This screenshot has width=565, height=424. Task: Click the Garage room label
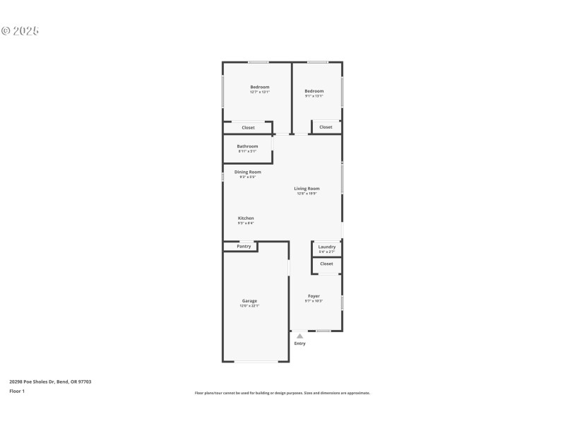pos(249,301)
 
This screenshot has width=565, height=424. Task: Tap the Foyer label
pos(314,296)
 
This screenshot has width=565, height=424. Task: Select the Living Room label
pos(307,189)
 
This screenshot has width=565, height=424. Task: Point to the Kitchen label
pos(246,218)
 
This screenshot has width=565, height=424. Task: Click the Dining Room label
pos(247,172)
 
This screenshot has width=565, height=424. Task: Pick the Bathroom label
pos(247,146)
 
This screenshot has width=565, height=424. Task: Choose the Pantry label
pos(244,247)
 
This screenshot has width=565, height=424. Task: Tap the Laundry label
pos(327,247)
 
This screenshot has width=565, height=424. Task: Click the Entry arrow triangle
pos(299,336)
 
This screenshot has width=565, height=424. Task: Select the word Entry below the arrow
pos(300,343)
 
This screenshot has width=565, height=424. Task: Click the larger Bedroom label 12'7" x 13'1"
pos(260,87)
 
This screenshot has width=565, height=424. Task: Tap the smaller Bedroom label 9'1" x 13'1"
pos(314,91)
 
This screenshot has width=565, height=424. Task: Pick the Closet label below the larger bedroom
pos(248,128)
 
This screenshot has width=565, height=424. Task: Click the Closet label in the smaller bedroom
pos(326,127)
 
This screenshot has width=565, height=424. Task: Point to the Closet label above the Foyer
pos(326,264)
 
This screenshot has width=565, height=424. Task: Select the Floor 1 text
pos(17,391)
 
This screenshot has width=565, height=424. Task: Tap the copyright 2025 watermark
pos(20,31)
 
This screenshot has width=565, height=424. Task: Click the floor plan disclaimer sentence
pos(282,393)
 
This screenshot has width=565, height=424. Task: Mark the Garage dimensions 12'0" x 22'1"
pos(249,306)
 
